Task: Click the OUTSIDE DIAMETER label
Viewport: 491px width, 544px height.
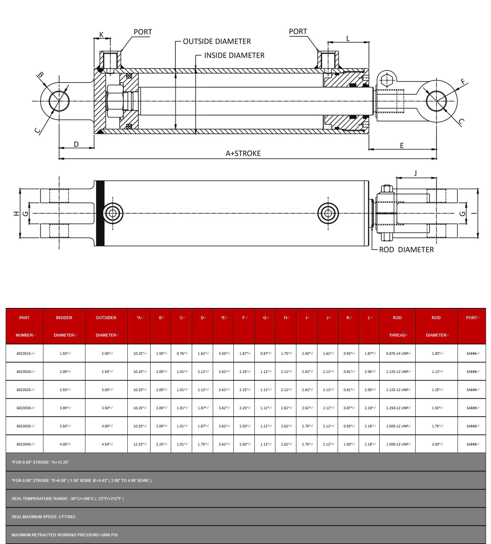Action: [x=217, y=41]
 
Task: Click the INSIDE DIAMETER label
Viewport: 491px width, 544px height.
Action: [x=234, y=55]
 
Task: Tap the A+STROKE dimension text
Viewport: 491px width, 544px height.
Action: [x=243, y=153]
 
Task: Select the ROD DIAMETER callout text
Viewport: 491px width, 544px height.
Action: [x=406, y=250]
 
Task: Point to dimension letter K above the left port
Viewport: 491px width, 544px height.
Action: [x=101, y=35]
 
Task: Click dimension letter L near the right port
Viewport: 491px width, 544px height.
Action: [x=348, y=38]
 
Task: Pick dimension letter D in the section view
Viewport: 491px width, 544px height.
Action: [x=76, y=144]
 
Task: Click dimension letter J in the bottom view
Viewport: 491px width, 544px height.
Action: [x=415, y=173]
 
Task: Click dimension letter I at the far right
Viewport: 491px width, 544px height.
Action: [x=474, y=213]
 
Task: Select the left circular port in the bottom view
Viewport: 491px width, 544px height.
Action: [x=113, y=214]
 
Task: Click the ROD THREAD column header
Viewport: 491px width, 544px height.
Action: [x=397, y=326]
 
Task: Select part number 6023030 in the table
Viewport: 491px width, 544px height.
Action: [x=25, y=408]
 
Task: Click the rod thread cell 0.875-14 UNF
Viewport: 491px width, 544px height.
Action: [x=397, y=354]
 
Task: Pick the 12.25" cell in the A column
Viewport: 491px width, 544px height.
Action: [x=139, y=444]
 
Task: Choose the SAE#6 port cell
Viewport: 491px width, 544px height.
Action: [x=472, y=354]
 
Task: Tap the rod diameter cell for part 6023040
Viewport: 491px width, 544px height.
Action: [x=436, y=444]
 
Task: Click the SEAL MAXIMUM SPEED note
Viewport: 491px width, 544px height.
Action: [x=44, y=517]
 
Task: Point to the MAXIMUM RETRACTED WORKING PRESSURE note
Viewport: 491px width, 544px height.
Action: [x=64, y=535]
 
